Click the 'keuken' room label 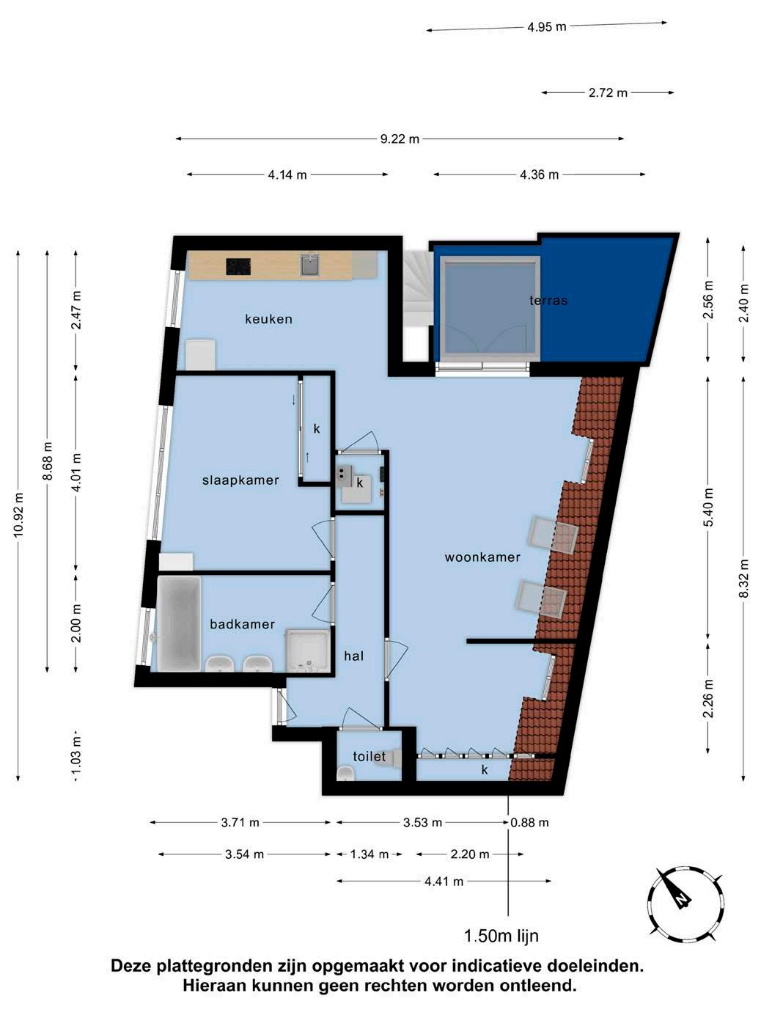coord(268,319)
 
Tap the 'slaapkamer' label coord(240,480)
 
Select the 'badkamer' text coord(242,624)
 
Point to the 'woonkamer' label coord(482,557)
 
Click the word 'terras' coord(548,301)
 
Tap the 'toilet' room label coord(369,757)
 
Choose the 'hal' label coord(353,656)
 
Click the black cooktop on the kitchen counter coord(238,267)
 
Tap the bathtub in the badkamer coord(180,623)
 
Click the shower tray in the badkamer coord(308,651)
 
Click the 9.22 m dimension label coord(400,139)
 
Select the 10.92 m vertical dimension coord(18,515)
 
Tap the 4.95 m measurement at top coord(547,27)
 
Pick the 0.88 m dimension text coord(529,823)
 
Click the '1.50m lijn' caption coord(501,936)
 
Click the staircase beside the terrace coord(418,305)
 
